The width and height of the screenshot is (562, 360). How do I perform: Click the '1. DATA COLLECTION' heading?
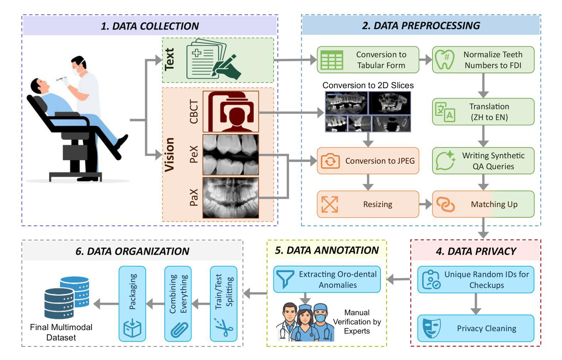pos(150,26)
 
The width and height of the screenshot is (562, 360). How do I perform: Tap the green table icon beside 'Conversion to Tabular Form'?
pos(332,60)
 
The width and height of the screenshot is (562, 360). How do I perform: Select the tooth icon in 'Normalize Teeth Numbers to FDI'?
pos(445,60)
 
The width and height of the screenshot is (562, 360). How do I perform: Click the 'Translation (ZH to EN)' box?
pos(483,112)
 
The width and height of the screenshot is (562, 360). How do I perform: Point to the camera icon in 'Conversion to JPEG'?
pos(330,161)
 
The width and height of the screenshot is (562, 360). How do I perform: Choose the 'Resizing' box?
pos(368,204)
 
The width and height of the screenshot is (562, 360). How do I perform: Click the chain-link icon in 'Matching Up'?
pos(445,205)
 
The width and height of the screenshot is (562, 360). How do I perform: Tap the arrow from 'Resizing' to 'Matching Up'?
pos(426,204)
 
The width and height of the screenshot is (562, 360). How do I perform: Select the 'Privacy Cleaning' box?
pos(476,328)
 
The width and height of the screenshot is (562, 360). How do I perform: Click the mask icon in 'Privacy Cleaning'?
pos(431,328)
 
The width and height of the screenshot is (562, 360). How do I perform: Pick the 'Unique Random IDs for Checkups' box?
pos(476,280)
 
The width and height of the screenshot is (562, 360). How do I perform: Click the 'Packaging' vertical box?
pos(132,304)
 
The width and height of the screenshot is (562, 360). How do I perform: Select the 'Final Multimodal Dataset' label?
pos(61,332)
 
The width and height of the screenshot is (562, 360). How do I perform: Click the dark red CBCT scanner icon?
pos(231,112)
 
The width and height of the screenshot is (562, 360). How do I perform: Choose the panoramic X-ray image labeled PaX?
pos(231,198)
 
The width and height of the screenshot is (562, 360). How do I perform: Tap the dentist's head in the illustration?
pos(79,65)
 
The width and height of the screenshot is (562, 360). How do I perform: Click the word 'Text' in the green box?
pos(169,59)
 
